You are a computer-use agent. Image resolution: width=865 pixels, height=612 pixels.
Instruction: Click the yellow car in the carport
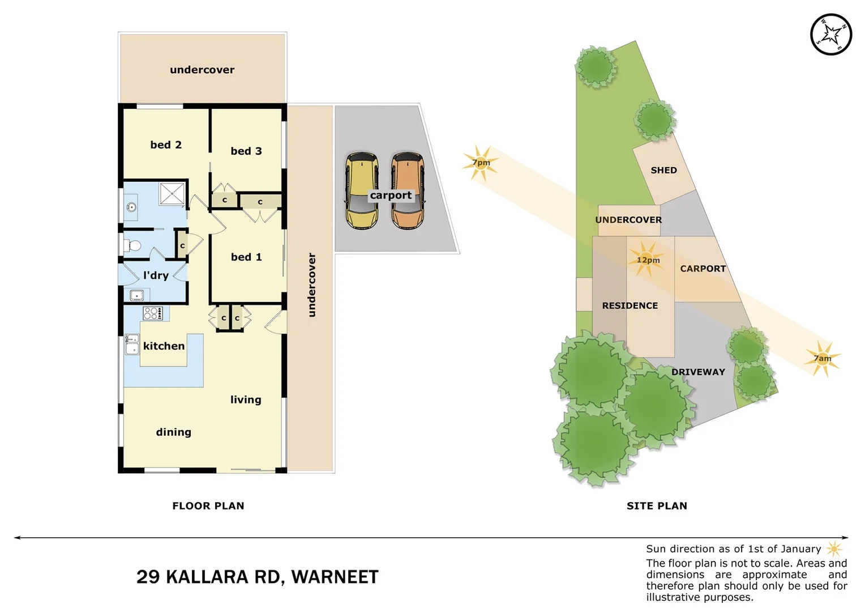(362, 190)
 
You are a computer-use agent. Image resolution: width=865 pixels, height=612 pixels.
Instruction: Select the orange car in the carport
(407, 190)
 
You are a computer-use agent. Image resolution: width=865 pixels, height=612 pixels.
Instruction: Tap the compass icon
(830, 35)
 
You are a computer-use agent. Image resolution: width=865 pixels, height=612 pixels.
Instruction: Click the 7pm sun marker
(481, 163)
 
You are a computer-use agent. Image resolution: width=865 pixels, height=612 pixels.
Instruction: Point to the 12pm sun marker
(647, 260)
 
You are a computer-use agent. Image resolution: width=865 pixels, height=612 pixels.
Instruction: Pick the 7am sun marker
(822, 358)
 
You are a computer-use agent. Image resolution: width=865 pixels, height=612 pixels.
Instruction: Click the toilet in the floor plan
(132, 246)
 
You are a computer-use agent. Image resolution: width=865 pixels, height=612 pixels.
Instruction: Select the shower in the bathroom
(172, 194)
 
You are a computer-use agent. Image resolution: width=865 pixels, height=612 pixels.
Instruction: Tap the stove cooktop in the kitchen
(153, 313)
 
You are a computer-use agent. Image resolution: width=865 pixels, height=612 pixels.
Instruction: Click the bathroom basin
(131, 207)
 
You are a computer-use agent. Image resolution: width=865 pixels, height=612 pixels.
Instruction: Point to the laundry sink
(136, 295)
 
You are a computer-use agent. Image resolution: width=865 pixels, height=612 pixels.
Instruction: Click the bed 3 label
(246, 151)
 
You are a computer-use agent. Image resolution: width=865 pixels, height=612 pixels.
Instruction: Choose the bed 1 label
(246, 257)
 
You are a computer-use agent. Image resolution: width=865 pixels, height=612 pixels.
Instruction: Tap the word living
(246, 400)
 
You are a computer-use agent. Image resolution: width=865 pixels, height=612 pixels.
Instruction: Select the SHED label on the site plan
(663, 170)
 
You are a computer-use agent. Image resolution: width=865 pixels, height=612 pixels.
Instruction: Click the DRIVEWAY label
(698, 372)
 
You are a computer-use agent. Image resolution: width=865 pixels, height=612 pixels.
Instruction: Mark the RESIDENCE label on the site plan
(630, 305)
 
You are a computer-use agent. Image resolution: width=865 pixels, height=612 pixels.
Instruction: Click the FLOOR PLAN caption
(208, 505)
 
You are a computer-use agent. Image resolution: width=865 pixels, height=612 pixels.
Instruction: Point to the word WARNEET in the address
(335, 577)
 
